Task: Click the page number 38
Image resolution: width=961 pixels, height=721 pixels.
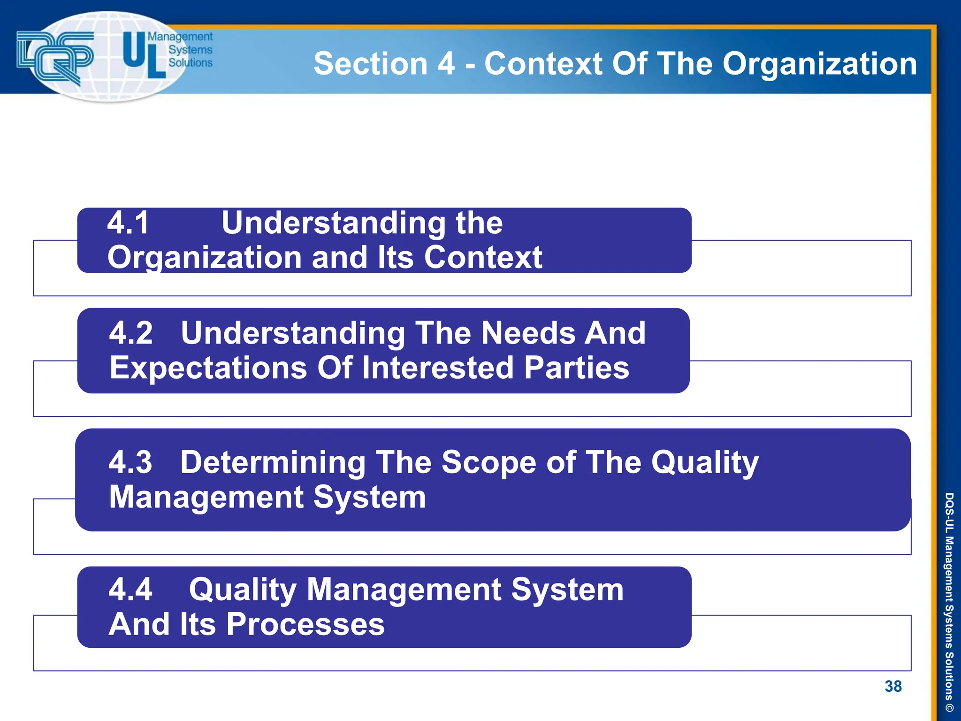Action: tap(893, 686)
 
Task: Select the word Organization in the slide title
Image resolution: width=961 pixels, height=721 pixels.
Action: tap(819, 64)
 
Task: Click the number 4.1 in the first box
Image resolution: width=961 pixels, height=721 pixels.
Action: tap(128, 222)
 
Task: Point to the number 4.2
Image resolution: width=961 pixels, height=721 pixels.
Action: tap(131, 333)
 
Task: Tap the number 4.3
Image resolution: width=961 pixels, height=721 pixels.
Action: tap(130, 462)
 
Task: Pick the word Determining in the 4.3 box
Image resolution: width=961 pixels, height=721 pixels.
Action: tap(273, 463)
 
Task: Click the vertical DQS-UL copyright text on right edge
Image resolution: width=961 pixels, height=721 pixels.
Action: tap(949, 596)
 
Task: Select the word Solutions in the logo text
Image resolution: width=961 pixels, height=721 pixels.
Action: tap(190, 63)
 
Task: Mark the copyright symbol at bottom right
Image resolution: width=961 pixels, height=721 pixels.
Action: tap(949, 708)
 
